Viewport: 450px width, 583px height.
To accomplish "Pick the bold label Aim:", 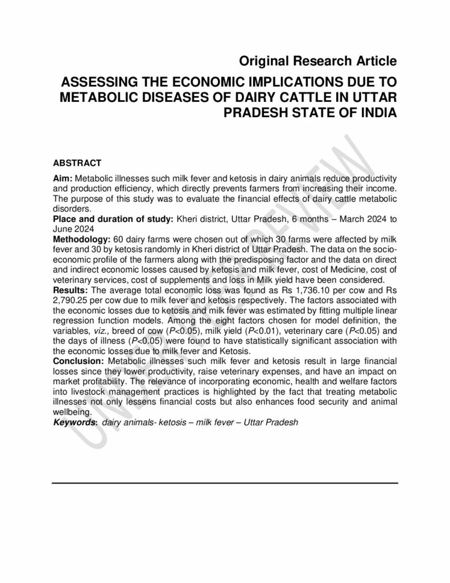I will pos(63,179).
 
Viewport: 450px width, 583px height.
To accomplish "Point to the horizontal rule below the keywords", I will pos(225,483).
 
